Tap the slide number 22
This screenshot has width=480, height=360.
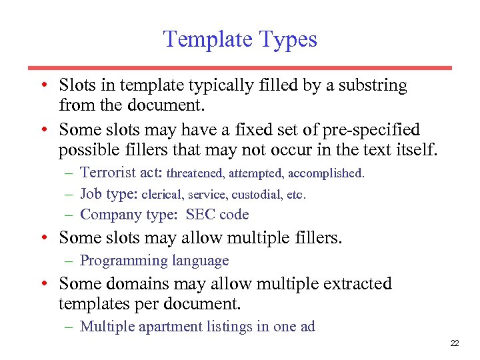point(455,343)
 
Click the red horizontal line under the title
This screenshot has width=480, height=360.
point(240,68)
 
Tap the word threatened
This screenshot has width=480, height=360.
point(196,174)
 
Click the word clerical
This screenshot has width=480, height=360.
point(163,195)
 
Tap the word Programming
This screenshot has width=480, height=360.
point(124,261)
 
